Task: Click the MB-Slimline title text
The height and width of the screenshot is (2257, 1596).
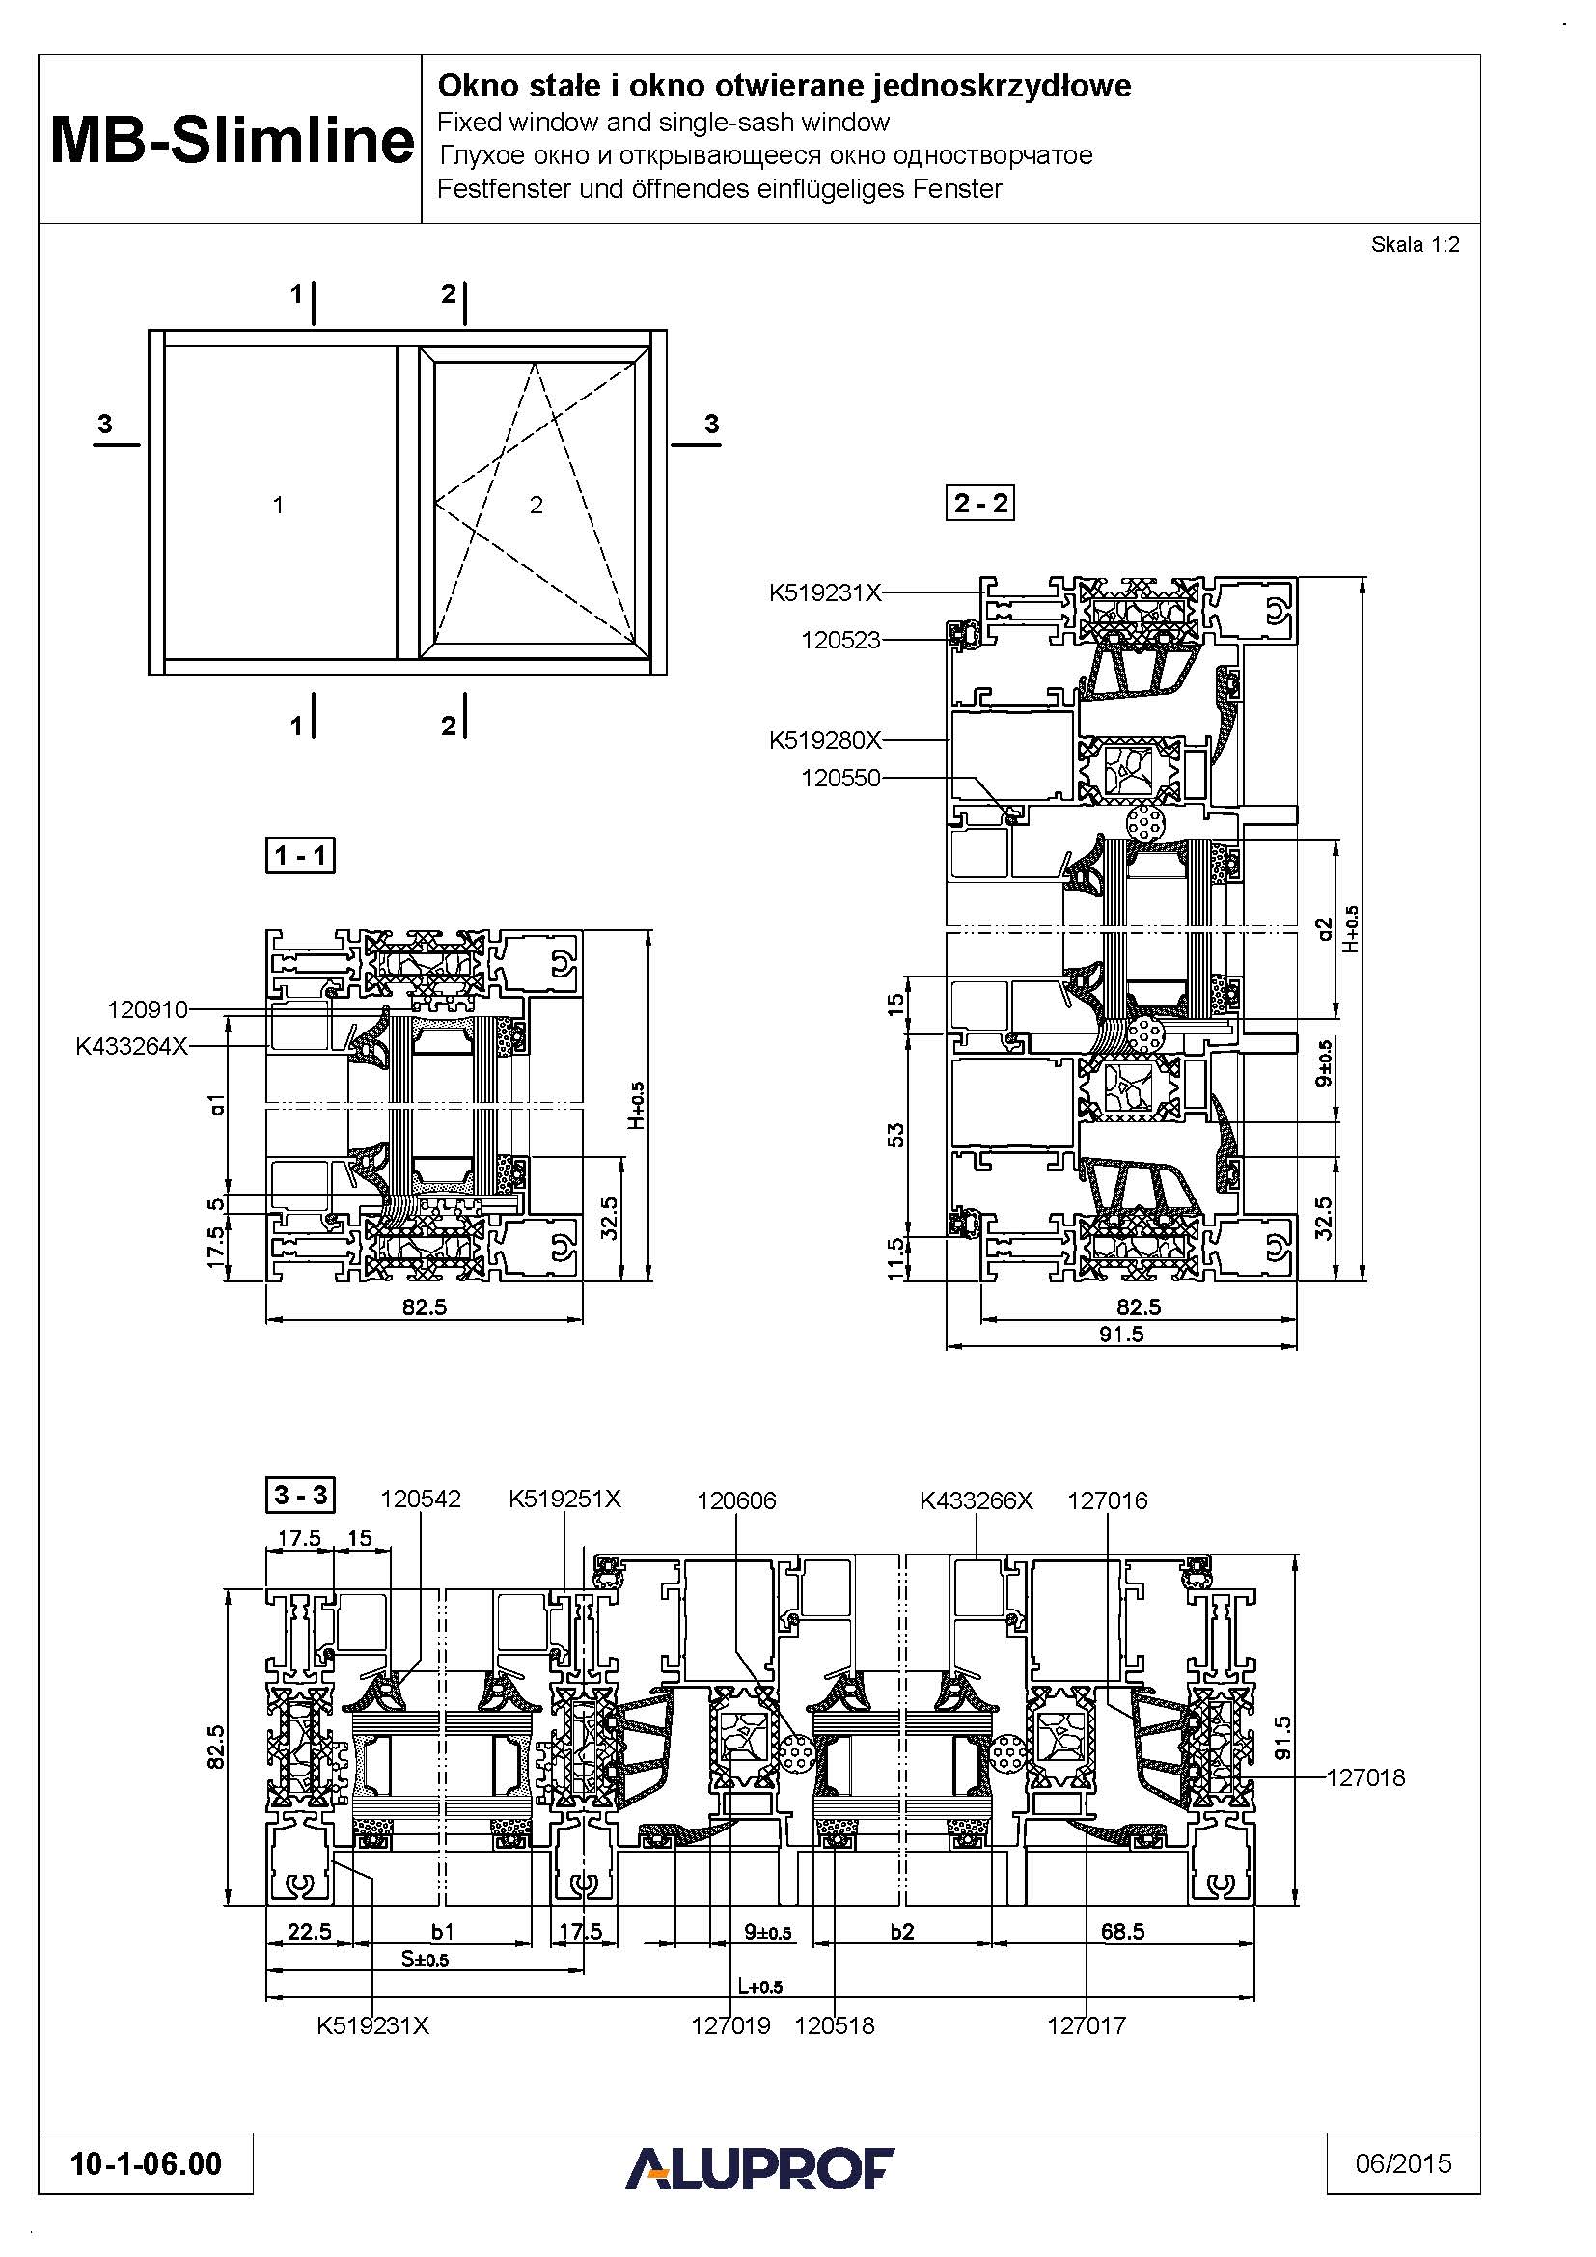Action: (x=232, y=140)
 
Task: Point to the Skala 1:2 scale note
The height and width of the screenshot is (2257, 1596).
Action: (x=1416, y=245)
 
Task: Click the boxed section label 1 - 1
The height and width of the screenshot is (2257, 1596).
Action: (x=301, y=855)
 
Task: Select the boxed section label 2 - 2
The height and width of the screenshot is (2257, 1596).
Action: (x=979, y=504)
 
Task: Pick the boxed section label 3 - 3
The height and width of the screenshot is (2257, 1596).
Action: (x=301, y=1495)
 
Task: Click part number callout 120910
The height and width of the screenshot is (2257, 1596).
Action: (x=148, y=1009)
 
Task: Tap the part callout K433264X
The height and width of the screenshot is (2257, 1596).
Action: (x=131, y=1047)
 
